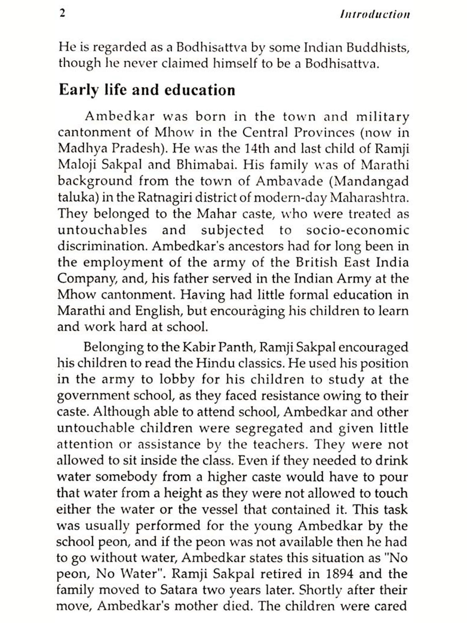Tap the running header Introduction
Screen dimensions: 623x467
pos(375,15)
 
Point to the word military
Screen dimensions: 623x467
pos(382,117)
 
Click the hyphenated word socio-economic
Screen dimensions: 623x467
pos(357,230)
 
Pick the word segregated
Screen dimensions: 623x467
pos(269,428)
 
